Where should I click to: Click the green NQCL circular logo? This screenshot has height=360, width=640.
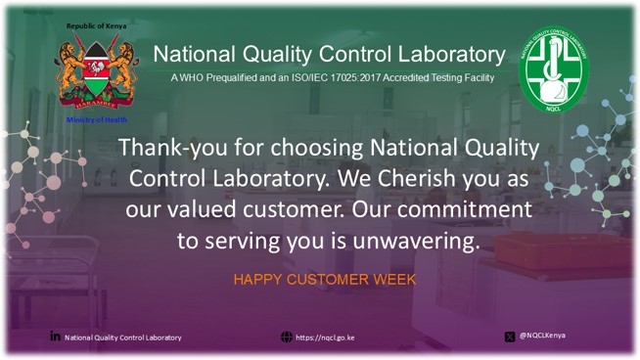pos(553,68)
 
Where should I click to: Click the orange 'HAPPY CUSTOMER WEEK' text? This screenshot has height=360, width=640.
pos(325,280)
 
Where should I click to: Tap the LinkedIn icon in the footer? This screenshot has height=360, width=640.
pos(55,337)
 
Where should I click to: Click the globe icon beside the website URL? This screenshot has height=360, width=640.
pos(286,337)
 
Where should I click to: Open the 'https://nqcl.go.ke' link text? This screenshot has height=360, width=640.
pos(325,337)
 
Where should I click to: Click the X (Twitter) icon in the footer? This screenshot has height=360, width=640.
pos(510,337)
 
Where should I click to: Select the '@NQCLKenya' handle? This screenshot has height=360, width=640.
pos(542,336)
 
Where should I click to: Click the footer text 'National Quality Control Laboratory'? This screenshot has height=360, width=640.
pos(123,337)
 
